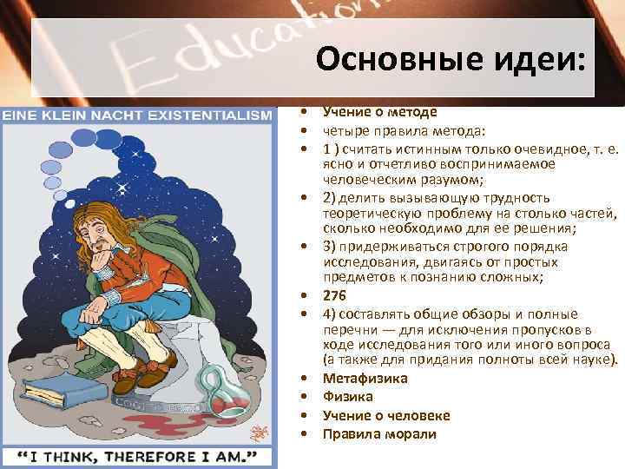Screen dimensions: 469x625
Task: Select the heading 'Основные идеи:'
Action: tap(451, 60)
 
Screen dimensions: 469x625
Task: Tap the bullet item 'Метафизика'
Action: tap(365, 379)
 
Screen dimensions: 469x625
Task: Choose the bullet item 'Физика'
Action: tap(347, 397)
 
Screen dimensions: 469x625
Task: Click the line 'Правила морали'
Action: tap(379, 433)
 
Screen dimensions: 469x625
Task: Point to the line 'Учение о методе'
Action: tap(379, 112)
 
